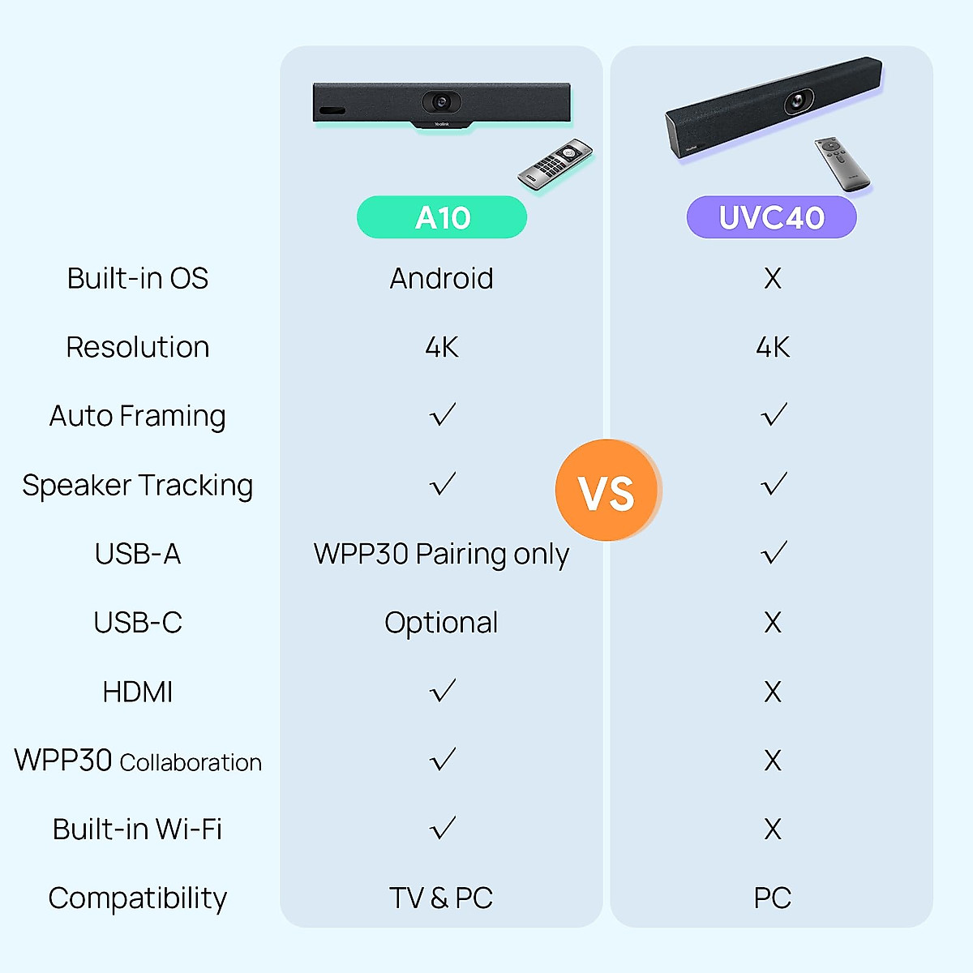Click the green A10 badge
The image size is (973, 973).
(x=442, y=217)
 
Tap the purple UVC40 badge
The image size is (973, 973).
(x=771, y=217)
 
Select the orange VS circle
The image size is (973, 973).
(x=607, y=491)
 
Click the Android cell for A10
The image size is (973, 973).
(x=442, y=278)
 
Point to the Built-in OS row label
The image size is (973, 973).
(x=138, y=278)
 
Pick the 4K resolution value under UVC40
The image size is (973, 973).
(x=773, y=347)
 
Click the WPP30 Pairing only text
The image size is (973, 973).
(x=442, y=554)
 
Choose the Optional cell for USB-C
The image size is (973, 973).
(x=442, y=623)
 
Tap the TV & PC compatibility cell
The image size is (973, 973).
(x=442, y=898)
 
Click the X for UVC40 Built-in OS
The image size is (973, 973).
(x=773, y=278)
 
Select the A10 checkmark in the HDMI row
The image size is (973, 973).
(x=443, y=691)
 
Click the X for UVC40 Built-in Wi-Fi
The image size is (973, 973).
(x=773, y=829)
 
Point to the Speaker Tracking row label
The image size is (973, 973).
(x=138, y=485)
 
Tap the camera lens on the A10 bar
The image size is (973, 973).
(x=441, y=101)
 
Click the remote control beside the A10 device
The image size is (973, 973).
(x=555, y=166)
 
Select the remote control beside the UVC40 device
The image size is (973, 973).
(x=842, y=164)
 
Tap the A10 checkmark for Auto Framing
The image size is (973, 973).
(x=443, y=415)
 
